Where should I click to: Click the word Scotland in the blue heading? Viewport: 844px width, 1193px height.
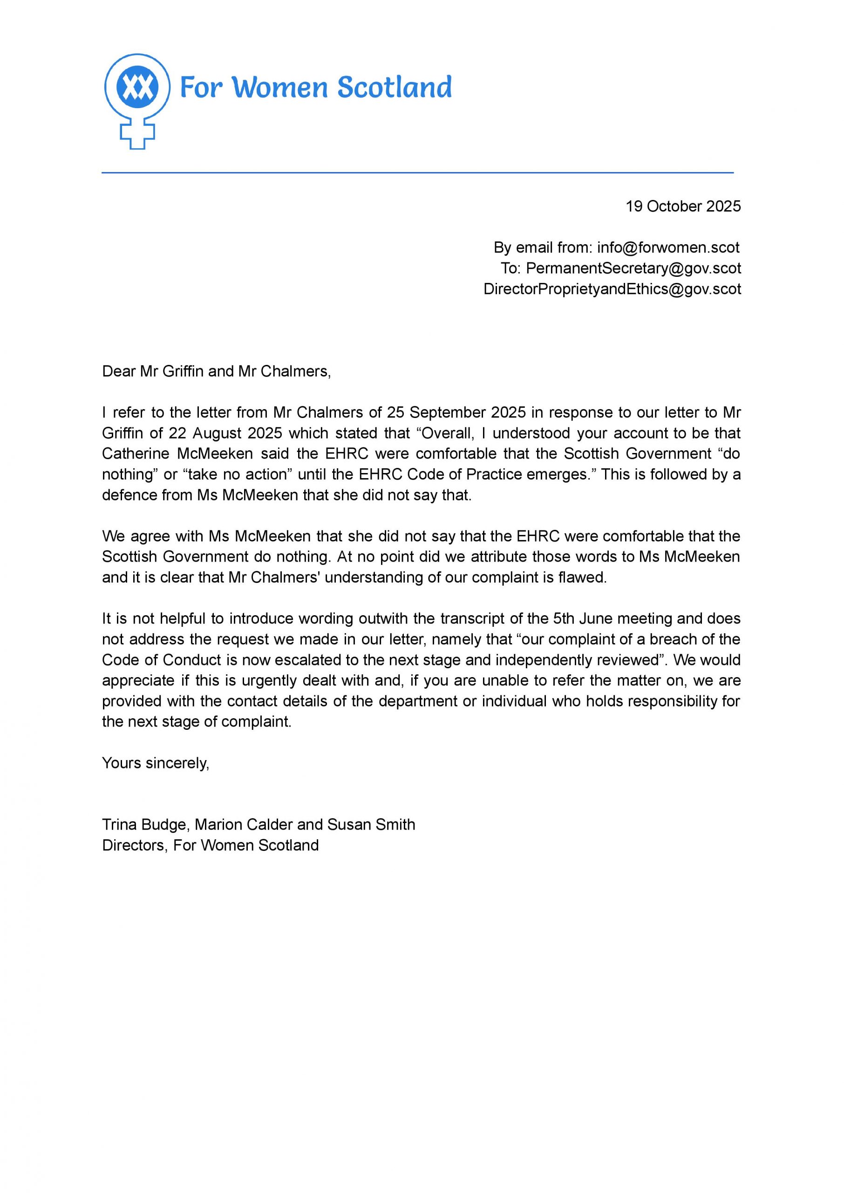point(395,87)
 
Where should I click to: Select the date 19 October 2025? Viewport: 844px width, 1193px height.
point(683,206)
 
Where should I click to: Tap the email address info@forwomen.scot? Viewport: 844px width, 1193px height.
point(668,247)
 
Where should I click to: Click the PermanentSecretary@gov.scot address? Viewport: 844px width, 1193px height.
point(633,268)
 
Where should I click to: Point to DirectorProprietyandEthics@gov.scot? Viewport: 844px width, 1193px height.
point(612,289)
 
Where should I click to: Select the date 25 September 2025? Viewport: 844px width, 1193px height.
point(456,412)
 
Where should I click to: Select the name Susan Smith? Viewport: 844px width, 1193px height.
point(371,824)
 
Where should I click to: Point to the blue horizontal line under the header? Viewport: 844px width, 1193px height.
point(417,172)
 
